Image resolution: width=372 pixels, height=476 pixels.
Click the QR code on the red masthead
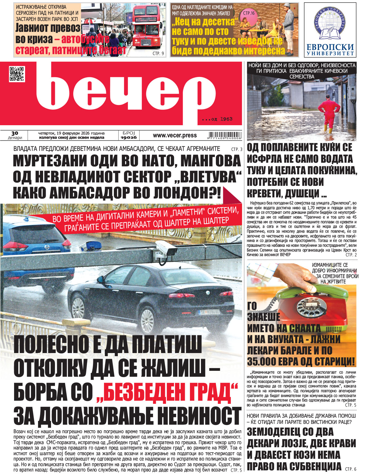pos(17,74)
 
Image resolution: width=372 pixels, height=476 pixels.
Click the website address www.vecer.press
pos(175,135)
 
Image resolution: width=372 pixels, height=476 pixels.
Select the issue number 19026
pos(129,137)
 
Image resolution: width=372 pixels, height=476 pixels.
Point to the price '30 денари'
pos(15,135)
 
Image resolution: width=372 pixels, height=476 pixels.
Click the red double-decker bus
pos(146,27)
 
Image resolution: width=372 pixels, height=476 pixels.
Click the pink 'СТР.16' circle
pos(249,13)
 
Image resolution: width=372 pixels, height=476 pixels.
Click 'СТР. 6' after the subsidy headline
pos(351,469)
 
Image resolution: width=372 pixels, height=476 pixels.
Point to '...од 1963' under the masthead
pos(217,119)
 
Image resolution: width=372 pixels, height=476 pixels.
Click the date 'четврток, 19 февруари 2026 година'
pos(72,133)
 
